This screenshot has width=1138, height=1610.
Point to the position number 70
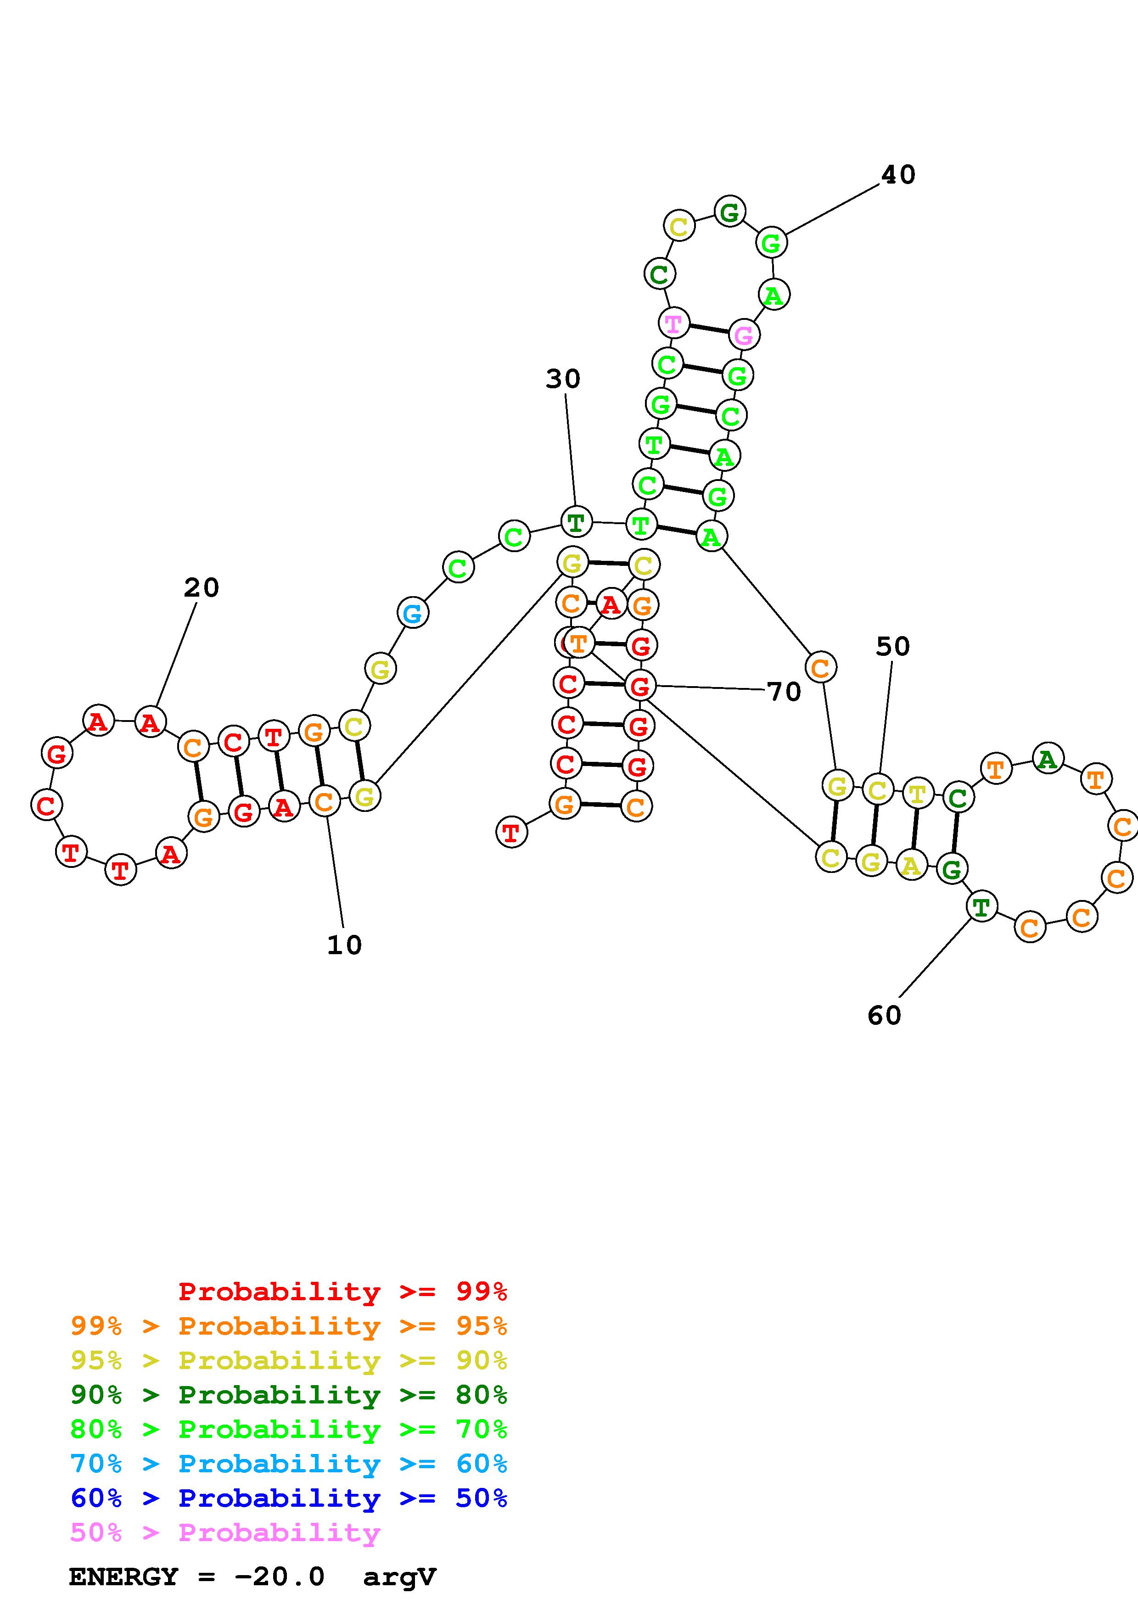click(784, 692)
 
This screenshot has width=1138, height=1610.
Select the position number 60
click(884, 1015)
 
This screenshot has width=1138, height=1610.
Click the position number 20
click(201, 587)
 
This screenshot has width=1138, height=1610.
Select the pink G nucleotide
click(744, 335)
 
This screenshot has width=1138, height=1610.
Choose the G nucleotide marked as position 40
click(771, 243)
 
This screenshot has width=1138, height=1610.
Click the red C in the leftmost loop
click(46, 805)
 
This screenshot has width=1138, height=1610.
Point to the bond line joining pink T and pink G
click(708, 329)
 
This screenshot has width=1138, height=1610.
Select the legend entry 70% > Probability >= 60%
click(289, 1464)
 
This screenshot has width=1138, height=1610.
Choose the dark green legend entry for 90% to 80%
click(289, 1395)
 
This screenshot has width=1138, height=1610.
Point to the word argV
click(400, 1576)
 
